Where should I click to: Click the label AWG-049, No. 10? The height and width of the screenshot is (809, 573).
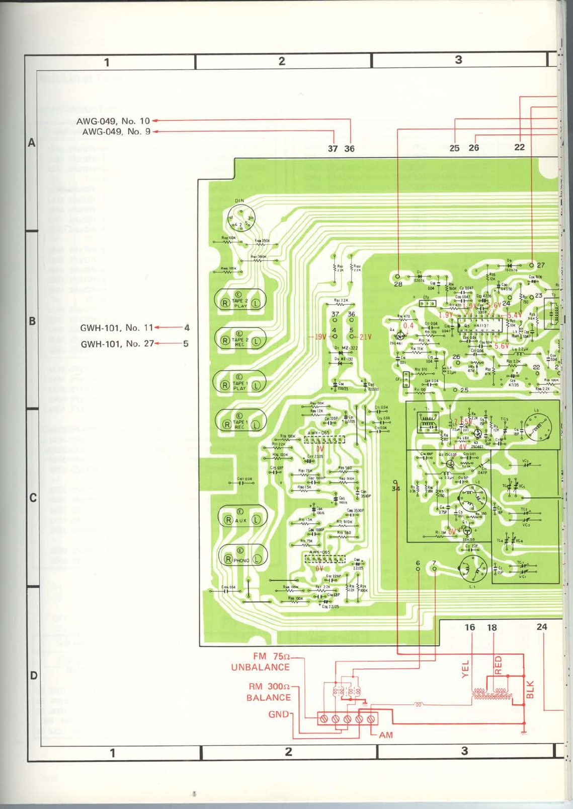(x=113, y=121)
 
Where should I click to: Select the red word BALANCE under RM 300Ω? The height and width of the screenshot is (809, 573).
(x=268, y=698)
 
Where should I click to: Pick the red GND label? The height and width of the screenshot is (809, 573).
(x=279, y=714)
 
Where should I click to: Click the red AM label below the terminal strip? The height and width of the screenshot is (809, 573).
(x=386, y=735)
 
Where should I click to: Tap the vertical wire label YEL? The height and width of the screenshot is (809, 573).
(x=465, y=669)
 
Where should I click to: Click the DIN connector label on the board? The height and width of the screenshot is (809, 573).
(x=239, y=200)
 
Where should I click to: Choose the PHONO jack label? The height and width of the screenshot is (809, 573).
(x=241, y=560)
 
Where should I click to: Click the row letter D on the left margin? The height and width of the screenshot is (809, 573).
(x=33, y=676)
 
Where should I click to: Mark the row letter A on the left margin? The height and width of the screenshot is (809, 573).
(x=32, y=143)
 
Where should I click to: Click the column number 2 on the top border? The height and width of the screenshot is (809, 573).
(x=282, y=61)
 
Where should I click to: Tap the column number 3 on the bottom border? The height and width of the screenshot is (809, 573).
(x=464, y=751)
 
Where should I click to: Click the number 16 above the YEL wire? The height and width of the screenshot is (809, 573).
(x=469, y=627)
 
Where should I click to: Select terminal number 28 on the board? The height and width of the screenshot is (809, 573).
(x=398, y=284)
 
